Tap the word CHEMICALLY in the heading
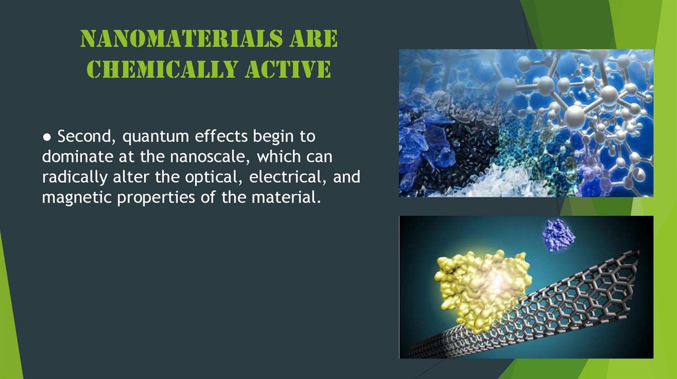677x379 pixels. coord(146,69)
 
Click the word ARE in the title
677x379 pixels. coord(313,40)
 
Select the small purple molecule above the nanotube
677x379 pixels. coord(558,234)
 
